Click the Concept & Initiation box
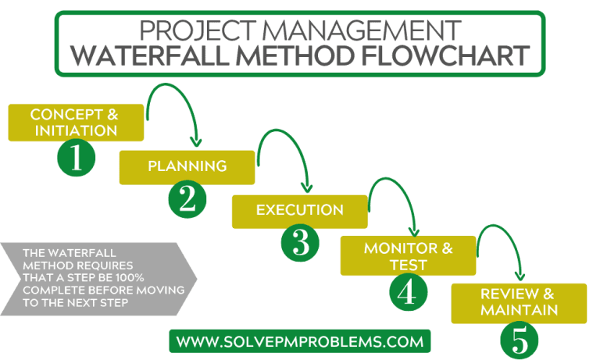[76, 122]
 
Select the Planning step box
[187, 166]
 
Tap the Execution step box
[299, 210]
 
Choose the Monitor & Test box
[408, 256]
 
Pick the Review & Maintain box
[519, 302]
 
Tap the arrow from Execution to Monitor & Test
[395, 195]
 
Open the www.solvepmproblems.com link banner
[300, 341]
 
